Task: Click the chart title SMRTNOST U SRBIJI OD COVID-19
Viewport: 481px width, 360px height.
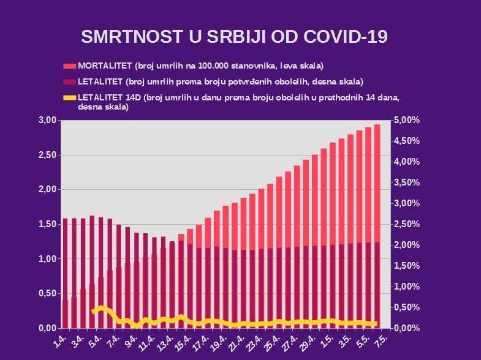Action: [x=234, y=36]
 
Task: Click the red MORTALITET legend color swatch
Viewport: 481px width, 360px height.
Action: [x=69, y=66]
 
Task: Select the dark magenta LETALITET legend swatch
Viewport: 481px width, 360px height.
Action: [x=69, y=81]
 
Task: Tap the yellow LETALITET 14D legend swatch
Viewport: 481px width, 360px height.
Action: [x=69, y=97]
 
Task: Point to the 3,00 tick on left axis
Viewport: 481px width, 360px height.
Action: [x=47, y=120]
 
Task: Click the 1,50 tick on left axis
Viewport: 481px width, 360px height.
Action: [x=47, y=224]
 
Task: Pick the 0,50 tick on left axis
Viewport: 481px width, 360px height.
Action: [x=47, y=294]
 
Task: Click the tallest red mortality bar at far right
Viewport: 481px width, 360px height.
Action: [x=377, y=184]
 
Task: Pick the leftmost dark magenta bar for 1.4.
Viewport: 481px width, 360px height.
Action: [x=65, y=257]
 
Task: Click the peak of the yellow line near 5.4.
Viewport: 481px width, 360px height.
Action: [x=101, y=307]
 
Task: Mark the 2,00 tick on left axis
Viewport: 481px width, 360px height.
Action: [x=47, y=190]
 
